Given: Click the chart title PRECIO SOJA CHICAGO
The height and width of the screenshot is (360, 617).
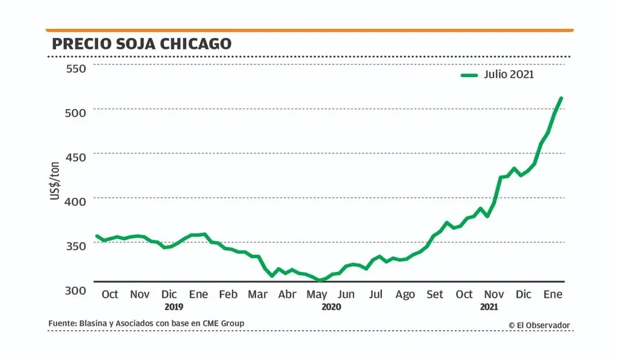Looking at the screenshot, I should (x=141, y=44).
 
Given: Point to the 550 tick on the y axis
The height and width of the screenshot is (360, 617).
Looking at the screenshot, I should (x=76, y=68).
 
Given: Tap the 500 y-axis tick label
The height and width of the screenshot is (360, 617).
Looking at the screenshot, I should (x=76, y=113).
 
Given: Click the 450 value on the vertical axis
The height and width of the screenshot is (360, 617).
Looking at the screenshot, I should (x=76, y=157).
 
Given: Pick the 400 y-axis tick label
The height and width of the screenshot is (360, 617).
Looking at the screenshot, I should (x=76, y=201).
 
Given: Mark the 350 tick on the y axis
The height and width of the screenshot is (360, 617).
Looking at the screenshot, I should (x=76, y=245).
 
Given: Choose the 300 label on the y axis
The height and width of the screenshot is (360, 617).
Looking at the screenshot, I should (x=76, y=290).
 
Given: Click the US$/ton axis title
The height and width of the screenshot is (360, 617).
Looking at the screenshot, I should (x=55, y=181).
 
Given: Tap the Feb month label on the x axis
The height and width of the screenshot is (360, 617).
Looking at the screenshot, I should (x=228, y=294).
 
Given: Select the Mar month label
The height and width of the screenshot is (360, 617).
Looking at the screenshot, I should (x=258, y=294).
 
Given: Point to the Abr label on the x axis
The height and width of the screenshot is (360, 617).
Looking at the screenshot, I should (x=287, y=294).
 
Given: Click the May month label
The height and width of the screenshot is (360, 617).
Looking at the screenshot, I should (x=317, y=294).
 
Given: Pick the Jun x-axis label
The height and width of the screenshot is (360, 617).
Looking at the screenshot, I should (x=346, y=294).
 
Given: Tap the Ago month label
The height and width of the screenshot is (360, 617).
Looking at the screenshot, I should (x=405, y=294).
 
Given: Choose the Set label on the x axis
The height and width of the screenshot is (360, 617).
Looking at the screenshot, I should (x=434, y=294).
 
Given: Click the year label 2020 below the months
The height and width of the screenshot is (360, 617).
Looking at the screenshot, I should (x=331, y=307).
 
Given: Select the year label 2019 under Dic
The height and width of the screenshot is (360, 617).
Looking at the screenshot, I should (x=174, y=307).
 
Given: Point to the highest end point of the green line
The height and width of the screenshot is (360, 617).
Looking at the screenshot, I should (x=561, y=98).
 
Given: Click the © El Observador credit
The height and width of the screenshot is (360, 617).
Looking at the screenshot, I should (x=539, y=325).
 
